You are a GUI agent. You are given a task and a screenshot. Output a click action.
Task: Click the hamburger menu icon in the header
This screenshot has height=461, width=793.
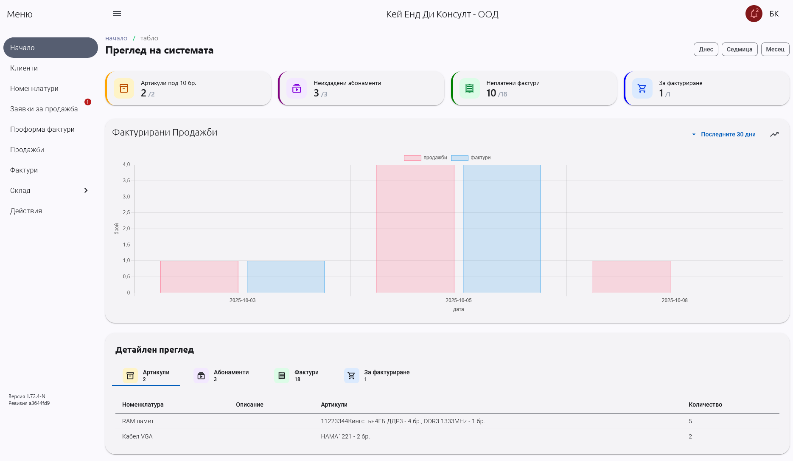(117, 14)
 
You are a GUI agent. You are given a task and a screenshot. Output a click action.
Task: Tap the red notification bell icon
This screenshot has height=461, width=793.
(754, 14)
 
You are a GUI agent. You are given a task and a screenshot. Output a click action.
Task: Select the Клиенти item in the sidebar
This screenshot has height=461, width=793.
(24, 68)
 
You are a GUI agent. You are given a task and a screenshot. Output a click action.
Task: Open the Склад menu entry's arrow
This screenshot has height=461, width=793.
(86, 190)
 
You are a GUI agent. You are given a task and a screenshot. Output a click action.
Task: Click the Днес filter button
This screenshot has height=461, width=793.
(706, 49)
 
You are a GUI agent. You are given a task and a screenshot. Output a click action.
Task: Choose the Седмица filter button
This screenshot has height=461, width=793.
(739, 49)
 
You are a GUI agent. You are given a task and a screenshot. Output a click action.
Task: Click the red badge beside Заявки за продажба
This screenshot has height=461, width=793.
(88, 102)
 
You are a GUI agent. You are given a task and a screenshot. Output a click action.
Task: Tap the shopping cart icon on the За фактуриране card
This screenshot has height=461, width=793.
(642, 88)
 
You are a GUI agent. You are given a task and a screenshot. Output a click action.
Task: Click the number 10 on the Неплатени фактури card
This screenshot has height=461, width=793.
(491, 93)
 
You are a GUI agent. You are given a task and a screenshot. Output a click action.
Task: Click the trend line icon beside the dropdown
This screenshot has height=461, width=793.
(774, 134)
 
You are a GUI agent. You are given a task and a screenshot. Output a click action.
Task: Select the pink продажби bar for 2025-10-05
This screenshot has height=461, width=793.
(415, 229)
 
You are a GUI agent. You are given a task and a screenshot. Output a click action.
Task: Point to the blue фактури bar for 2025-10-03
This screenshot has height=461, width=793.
(286, 277)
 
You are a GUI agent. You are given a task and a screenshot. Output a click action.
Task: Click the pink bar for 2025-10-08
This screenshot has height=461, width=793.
(631, 277)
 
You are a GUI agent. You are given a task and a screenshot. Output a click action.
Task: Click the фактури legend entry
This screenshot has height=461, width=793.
(471, 158)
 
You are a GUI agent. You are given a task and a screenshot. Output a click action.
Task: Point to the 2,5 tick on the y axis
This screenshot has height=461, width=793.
(126, 212)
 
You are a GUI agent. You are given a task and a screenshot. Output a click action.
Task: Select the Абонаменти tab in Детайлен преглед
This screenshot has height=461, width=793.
(222, 375)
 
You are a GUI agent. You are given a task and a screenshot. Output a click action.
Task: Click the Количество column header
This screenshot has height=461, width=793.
(705, 404)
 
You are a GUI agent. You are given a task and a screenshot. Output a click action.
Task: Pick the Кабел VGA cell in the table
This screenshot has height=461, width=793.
(137, 436)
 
